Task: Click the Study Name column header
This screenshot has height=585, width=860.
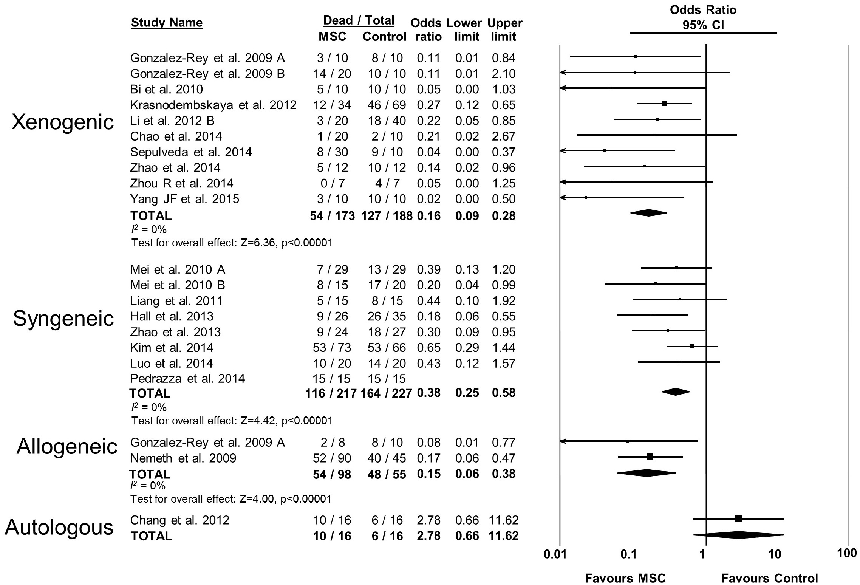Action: click(x=167, y=23)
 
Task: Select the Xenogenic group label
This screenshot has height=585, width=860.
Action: click(x=63, y=122)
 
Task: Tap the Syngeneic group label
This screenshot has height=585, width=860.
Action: click(x=63, y=319)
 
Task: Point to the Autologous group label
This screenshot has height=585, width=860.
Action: click(x=59, y=527)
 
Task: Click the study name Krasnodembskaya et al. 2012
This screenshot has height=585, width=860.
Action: click(x=213, y=105)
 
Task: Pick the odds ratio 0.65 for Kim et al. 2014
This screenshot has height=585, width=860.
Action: click(x=428, y=348)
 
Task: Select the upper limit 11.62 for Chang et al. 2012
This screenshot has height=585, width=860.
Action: click(x=503, y=520)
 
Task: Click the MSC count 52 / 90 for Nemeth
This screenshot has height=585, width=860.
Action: click(x=332, y=458)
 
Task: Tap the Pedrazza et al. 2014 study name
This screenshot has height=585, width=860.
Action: click(x=187, y=379)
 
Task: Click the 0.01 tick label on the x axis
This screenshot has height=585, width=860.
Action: click(x=555, y=554)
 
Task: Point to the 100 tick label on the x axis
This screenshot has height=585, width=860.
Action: click(x=846, y=553)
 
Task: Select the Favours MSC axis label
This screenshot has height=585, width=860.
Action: click(x=625, y=579)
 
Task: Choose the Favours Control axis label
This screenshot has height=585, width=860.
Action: click(x=769, y=579)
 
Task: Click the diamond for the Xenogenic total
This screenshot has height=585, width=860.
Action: click(x=648, y=213)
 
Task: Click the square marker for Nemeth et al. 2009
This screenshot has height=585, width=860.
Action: click(x=650, y=457)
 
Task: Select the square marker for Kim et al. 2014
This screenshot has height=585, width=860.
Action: click(x=692, y=347)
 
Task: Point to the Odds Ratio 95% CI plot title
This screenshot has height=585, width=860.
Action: click(x=703, y=17)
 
